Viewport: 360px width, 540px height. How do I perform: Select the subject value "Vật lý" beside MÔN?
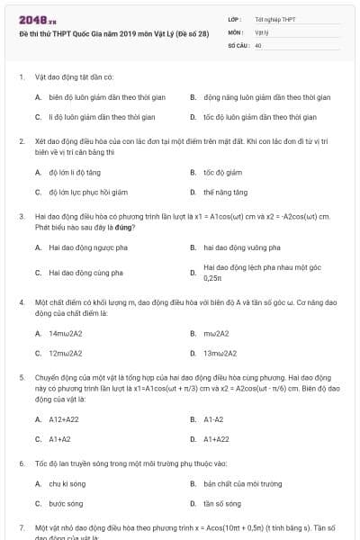(x=262, y=31)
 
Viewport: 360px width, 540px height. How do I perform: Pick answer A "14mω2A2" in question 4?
(x=66, y=333)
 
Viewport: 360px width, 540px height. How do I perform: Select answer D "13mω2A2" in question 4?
(x=220, y=354)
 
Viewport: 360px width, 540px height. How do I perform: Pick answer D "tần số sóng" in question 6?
(x=222, y=504)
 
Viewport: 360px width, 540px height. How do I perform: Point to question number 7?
(x=22, y=526)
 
